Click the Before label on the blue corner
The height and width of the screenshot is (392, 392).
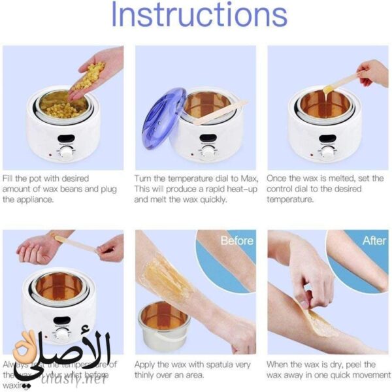click(236, 240)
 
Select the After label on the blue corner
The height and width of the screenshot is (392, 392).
click(374, 240)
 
